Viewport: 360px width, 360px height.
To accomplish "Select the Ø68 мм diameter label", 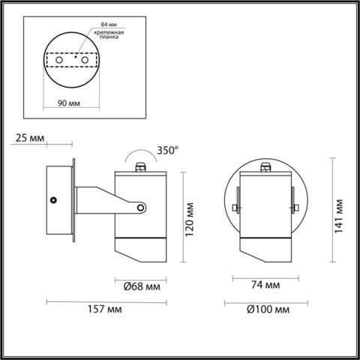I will tap(141, 285).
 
